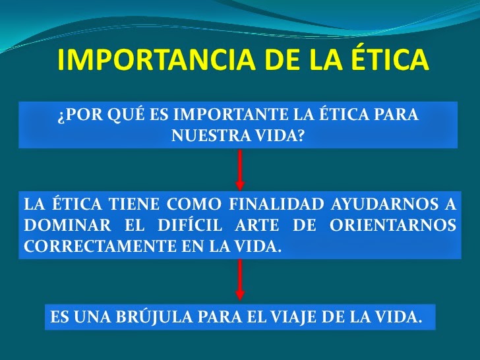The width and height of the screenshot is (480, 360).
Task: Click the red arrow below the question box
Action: pos(240,170)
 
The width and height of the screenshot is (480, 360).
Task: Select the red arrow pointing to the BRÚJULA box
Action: pos(240,280)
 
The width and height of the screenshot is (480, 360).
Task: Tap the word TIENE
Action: pos(127,205)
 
